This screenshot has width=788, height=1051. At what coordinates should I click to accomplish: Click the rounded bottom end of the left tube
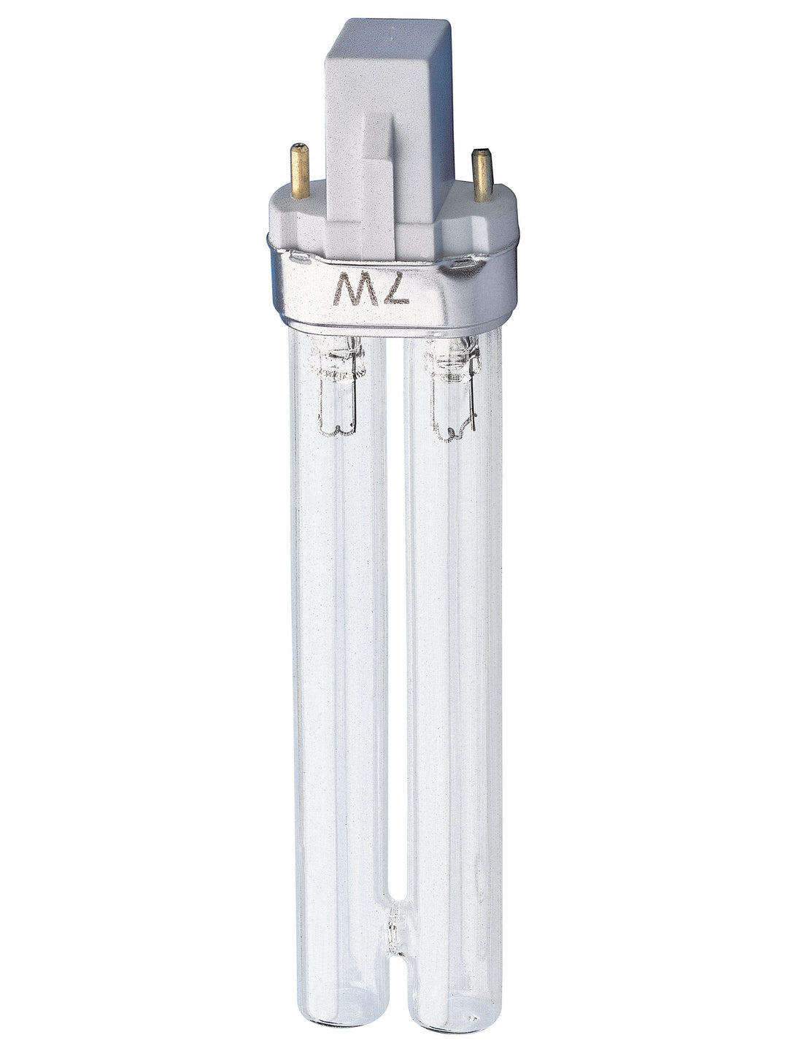pyautogui.click(x=333, y=1018)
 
